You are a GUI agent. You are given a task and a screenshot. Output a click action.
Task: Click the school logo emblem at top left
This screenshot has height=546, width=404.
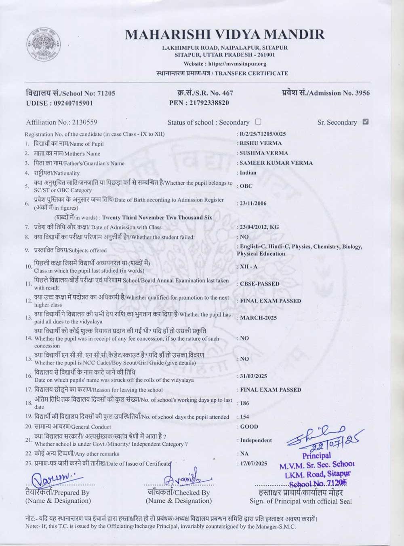(x=44, y=46)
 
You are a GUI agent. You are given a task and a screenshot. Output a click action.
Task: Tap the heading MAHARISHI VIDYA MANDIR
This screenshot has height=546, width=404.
(x=225, y=34)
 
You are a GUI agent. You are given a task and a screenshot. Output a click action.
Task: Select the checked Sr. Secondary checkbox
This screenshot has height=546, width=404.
(x=366, y=122)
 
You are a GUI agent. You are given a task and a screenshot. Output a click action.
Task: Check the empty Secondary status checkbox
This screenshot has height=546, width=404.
(x=258, y=122)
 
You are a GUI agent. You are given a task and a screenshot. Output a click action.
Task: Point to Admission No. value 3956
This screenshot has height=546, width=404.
(x=362, y=93)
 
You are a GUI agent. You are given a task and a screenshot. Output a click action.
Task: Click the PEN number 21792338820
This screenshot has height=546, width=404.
(x=209, y=103)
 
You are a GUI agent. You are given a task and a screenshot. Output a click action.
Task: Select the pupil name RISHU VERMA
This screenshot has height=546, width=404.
(x=261, y=143)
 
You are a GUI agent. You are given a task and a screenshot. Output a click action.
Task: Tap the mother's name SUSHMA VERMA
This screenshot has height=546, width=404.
(x=264, y=153)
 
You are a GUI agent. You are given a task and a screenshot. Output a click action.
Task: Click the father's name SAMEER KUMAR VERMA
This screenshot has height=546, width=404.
(x=276, y=163)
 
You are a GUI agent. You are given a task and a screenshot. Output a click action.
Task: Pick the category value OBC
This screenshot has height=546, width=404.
(x=246, y=186)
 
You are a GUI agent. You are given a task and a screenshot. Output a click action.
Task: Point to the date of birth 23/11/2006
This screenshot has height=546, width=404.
(x=253, y=203)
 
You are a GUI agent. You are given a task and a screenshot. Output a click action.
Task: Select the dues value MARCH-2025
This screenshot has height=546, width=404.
(x=259, y=318)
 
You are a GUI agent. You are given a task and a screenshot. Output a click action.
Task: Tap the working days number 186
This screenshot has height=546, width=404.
(x=244, y=403)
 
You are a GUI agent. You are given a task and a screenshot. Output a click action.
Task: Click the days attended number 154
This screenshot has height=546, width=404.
(x=244, y=417)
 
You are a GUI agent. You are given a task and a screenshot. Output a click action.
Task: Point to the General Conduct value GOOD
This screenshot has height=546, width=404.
(x=249, y=427)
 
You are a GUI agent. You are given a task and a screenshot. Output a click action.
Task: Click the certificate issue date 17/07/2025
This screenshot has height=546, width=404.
(x=254, y=463)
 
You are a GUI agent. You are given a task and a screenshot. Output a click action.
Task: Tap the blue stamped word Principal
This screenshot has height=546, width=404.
(x=316, y=456)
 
